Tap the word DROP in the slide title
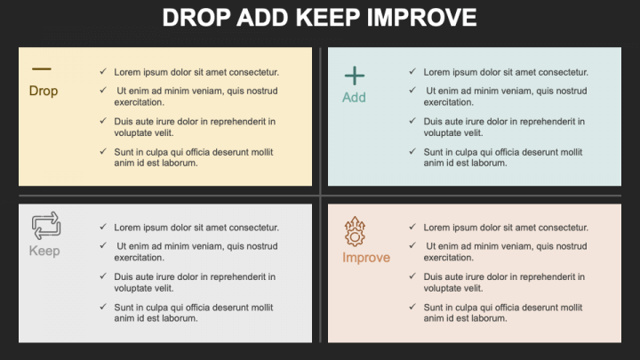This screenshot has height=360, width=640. pyautogui.click(x=196, y=17)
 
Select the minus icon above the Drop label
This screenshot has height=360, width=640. pyautogui.click(x=42, y=68)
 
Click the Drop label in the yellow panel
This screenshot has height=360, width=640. pyautogui.click(x=44, y=91)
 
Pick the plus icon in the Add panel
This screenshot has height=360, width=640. pyautogui.click(x=355, y=76)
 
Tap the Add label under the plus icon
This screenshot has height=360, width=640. pyautogui.click(x=354, y=97)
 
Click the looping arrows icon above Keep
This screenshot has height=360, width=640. pyautogui.click(x=45, y=224)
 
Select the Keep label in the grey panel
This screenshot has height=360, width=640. pyautogui.click(x=44, y=251)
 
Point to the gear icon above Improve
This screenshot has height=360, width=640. pyautogui.click(x=355, y=232)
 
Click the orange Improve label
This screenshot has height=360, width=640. pyautogui.click(x=366, y=258)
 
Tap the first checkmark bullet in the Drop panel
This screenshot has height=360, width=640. pyautogui.click(x=103, y=71)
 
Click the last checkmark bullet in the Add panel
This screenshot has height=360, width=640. pyautogui.click(x=412, y=151)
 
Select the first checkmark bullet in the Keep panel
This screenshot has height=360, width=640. pyautogui.click(x=103, y=227)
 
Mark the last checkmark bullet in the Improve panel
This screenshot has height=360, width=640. pyautogui.click(x=412, y=307)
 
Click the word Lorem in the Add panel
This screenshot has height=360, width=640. pyautogui.click(x=436, y=72)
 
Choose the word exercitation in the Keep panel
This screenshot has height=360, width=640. pyautogui.click(x=139, y=257)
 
